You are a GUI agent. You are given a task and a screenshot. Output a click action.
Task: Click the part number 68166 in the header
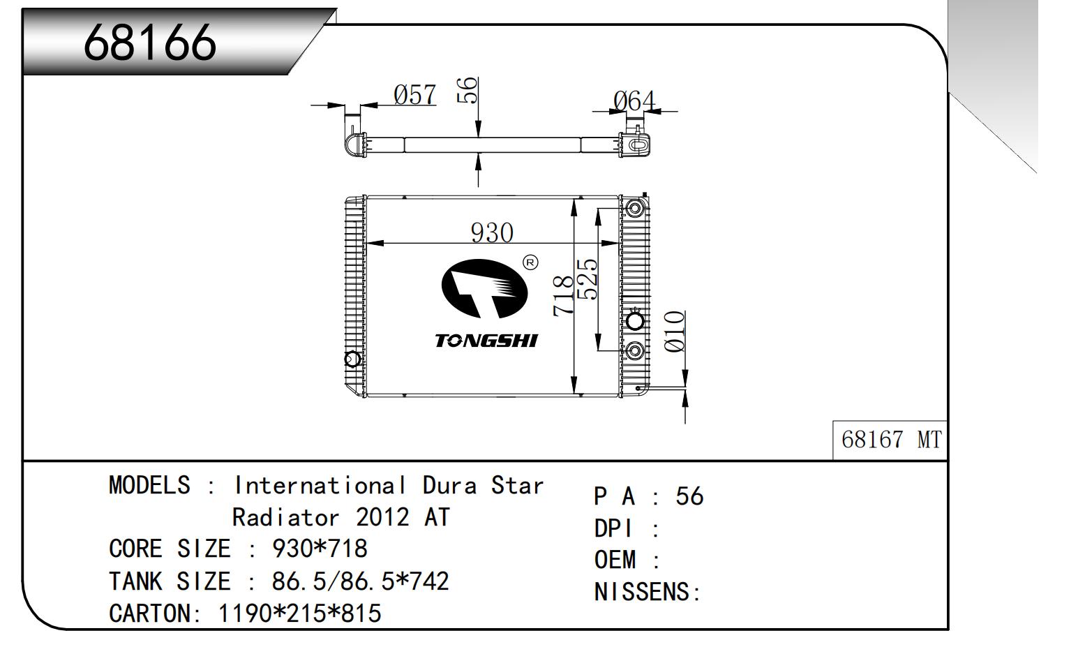[x=150, y=43]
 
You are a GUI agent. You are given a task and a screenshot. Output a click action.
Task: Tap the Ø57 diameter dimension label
[x=414, y=94]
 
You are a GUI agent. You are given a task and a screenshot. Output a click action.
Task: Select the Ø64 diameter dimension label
[x=634, y=101]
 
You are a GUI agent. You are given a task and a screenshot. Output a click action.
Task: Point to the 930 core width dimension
[x=492, y=232]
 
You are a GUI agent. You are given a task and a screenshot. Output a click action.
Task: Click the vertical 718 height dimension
[x=563, y=296]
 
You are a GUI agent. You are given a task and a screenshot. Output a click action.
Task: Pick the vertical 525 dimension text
[x=587, y=279]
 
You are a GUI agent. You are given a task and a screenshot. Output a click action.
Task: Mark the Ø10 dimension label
[x=674, y=332]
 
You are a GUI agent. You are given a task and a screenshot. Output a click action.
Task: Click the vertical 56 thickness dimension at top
[x=467, y=90]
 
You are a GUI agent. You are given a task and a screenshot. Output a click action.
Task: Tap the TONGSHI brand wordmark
[x=486, y=341]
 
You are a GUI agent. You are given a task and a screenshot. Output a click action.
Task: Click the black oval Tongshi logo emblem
[x=484, y=288]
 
